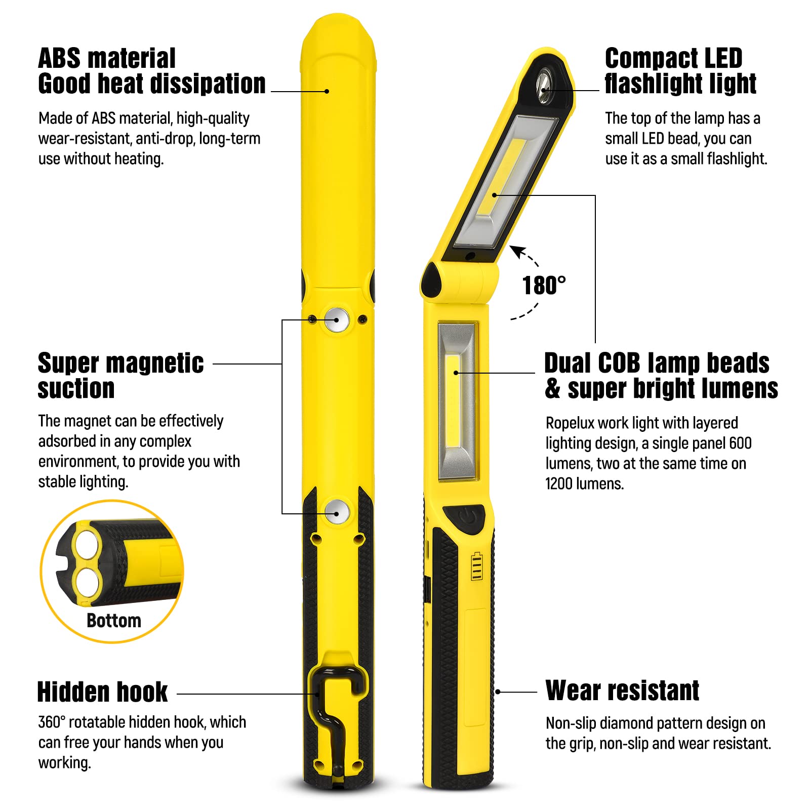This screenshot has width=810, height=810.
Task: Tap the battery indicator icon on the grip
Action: tap(476, 566)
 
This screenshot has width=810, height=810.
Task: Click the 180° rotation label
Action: tap(544, 286)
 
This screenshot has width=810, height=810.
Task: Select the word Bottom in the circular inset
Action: tap(114, 621)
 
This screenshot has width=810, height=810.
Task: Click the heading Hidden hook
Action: tap(102, 692)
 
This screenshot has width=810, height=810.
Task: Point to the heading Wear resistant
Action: tap(622, 691)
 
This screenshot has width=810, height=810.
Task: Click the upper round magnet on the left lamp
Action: tap(336, 319)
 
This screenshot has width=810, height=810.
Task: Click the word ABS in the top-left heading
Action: tap(59, 58)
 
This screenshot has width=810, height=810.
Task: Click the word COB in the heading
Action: tap(620, 363)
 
